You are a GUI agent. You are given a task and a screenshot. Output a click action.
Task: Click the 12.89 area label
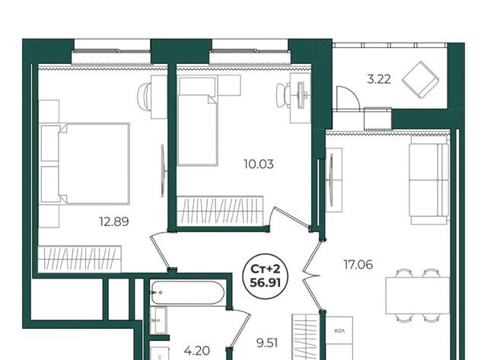[x=113, y=221]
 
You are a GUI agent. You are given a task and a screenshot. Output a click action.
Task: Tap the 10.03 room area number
[x=259, y=164]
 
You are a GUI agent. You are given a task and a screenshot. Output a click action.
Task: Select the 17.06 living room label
[x=358, y=265]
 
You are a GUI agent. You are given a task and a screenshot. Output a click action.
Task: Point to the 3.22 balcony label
[x=379, y=79]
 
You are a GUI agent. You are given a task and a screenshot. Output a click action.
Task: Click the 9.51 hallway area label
[x=267, y=343]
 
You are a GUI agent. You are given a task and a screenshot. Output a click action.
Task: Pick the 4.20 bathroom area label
[x=196, y=351]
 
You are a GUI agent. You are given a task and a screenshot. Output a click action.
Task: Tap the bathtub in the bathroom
[x=187, y=292]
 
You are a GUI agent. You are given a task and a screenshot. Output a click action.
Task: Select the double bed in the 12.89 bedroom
[x=85, y=164]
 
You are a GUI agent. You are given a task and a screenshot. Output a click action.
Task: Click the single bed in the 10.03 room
[x=197, y=121]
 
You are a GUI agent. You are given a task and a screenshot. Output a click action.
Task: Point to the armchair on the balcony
[x=421, y=79]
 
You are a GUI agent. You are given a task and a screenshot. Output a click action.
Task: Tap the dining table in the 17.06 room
[x=418, y=295]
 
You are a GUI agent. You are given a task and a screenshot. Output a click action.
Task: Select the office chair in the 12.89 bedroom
[x=145, y=97]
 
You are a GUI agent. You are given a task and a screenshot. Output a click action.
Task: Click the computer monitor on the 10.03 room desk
[x=301, y=95]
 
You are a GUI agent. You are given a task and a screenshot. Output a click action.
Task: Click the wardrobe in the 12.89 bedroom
[x=79, y=259]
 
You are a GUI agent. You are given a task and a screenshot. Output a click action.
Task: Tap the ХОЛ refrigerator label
[x=339, y=331]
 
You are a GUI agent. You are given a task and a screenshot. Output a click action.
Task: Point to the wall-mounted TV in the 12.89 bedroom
[x=163, y=170]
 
